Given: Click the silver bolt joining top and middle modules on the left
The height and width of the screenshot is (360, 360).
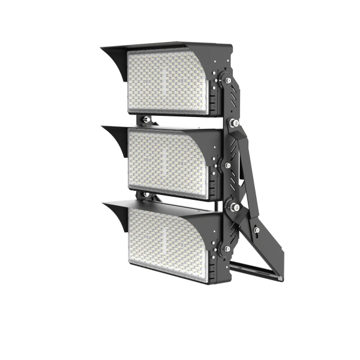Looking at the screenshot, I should (x=146, y=119).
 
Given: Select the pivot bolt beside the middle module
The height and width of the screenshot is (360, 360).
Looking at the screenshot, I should (x=227, y=163).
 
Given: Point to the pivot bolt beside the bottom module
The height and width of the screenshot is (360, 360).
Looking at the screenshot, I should (x=227, y=248).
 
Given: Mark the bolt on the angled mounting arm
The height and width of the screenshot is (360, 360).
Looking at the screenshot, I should (x=257, y=230).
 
